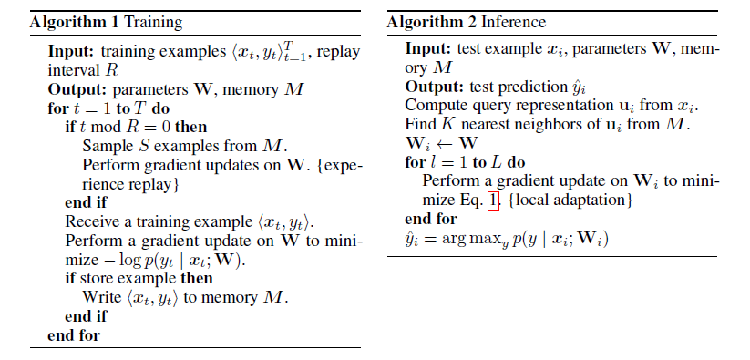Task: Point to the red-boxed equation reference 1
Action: coord(493,200)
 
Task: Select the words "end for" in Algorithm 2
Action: coord(430,220)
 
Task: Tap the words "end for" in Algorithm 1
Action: coord(73,336)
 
